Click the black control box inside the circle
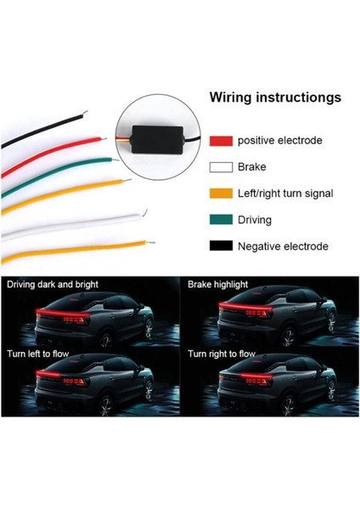point(158,139)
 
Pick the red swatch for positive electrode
point(221,141)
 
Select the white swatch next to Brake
point(221,167)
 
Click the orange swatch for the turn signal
point(221,193)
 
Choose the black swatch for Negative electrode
point(221,246)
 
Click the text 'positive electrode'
point(280,141)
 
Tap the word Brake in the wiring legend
point(252,167)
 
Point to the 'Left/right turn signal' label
point(285,193)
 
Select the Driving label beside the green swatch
point(255,220)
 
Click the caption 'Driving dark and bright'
point(53,284)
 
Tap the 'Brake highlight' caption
point(217,284)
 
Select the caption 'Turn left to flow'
point(38,354)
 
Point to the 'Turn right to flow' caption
point(222,354)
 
